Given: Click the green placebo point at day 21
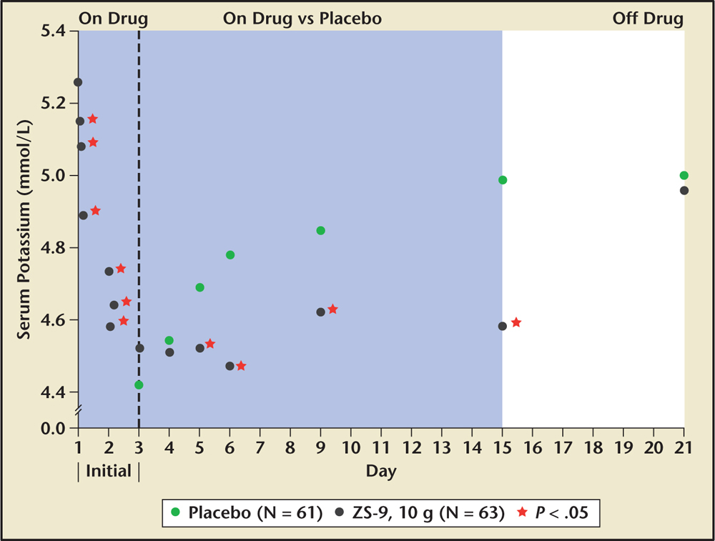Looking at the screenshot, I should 684,175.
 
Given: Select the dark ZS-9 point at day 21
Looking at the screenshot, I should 684,190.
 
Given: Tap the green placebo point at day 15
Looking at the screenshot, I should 503,180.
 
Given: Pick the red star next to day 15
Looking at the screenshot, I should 516,322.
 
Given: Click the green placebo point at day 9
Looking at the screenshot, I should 321,230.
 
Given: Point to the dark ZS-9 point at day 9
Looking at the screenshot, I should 321,312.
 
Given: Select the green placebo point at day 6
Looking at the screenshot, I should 230,255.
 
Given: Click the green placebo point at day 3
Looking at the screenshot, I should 139,384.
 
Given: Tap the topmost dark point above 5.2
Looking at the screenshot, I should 78,82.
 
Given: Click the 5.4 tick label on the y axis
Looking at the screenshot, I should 51,31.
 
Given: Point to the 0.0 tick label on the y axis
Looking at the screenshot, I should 51,428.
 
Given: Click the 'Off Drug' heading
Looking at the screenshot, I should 648,18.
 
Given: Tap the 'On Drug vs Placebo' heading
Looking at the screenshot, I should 302,18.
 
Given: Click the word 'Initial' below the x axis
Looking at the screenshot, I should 108,471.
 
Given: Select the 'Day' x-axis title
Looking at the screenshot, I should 381,471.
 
